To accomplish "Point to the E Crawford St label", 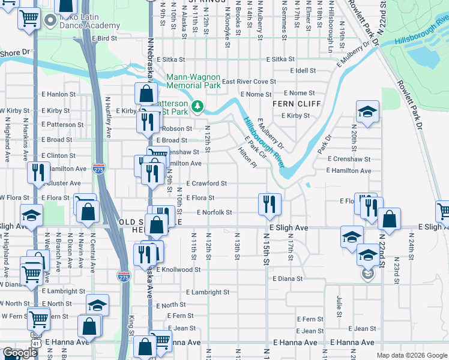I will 206,184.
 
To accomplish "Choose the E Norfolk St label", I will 214,212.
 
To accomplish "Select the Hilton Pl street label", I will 247,159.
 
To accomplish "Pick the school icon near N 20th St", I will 367,112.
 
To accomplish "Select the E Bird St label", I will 104,38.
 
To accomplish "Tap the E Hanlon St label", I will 59,94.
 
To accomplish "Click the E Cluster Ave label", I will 59,183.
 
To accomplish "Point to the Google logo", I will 20,353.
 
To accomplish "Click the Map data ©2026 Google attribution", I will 411,355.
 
